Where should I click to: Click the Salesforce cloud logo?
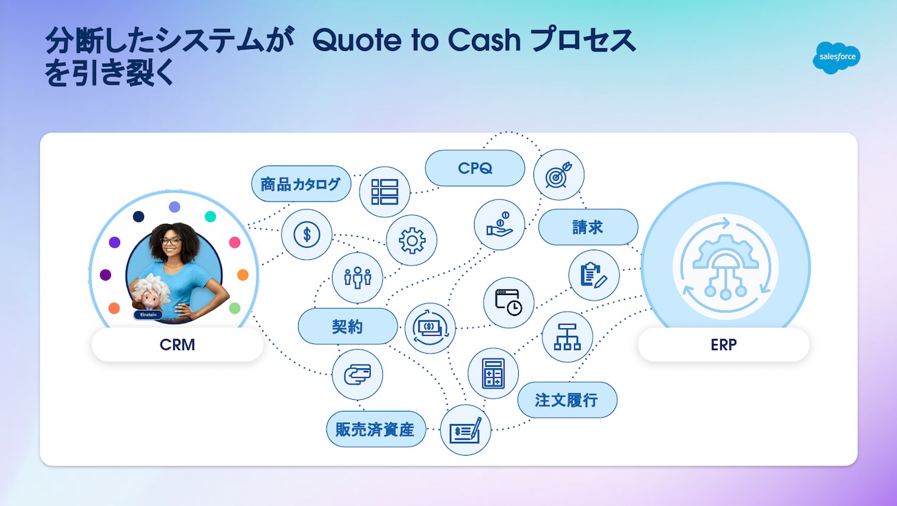[x=836, y=58]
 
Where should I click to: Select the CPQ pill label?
[x=475, y=168]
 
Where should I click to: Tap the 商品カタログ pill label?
[x=301, y=184]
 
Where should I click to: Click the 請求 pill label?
[x=589, y=227]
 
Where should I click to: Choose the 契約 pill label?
[x=348, y=326]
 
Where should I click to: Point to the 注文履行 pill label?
[x=567, y=400]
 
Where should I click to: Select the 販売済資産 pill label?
[x=376, y=429]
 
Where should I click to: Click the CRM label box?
[x=177, y=345]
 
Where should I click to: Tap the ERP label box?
[x=724, y=345]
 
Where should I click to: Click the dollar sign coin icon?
[x=307, y=234]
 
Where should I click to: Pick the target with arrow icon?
[x=559, y=175]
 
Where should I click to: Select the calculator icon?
[x=493, y=373]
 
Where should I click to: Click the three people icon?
[x=357, y=277]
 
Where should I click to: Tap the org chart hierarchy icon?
[x=567, y=337]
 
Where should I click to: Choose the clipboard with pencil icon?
[x=594, y=275]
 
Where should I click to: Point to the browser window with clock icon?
[x=509, y=303]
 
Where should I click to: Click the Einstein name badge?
[x=148, y=315]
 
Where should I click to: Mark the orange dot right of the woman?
[x=243, y=275]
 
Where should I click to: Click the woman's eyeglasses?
[x=171, y=241]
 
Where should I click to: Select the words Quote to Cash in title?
[x=417, y=40]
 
